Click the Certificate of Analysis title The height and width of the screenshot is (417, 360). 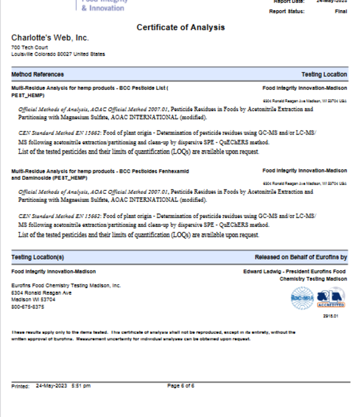coord(180,27)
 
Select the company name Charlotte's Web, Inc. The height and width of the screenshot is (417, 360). coord(50,38)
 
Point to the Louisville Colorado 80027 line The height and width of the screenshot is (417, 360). coord(58,54)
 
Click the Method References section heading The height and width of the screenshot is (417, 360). coord(37,74)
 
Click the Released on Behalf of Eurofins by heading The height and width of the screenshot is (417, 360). coord(300,257)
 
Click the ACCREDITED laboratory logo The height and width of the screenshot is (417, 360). coord(332,298)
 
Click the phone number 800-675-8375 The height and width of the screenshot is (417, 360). coord(27,307)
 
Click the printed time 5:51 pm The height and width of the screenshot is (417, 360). coord(80,386)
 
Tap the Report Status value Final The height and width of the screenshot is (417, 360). coord(340,11)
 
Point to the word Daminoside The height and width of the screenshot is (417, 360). coord(36,178)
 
